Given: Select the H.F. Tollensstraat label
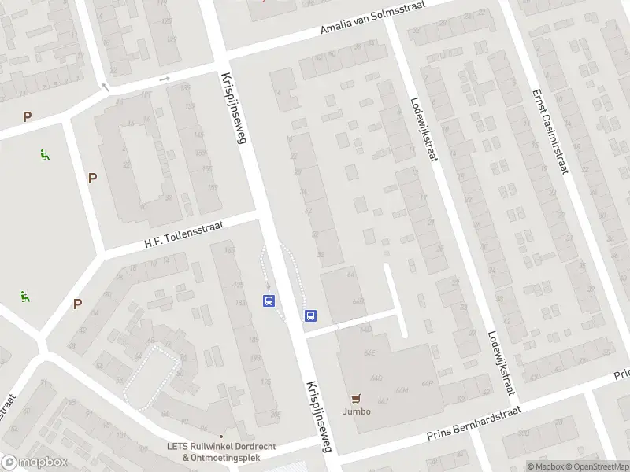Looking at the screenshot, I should coord(183,236).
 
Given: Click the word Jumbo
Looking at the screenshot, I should coord(356,411).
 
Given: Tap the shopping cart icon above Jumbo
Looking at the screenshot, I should coord(356,399).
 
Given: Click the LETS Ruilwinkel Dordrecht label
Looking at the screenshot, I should coord(221,446).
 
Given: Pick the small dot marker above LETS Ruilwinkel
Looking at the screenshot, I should coord(221,436).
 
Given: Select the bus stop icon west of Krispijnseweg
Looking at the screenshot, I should coord(269,301).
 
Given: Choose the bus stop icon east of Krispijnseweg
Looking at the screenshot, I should coord(311,316).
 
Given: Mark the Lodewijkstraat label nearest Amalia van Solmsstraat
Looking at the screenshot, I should coord(424,129).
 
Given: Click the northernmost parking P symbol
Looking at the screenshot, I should coord(28,117).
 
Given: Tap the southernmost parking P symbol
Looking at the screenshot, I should coord(77,304).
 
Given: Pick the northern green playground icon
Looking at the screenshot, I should coord(45,155).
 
